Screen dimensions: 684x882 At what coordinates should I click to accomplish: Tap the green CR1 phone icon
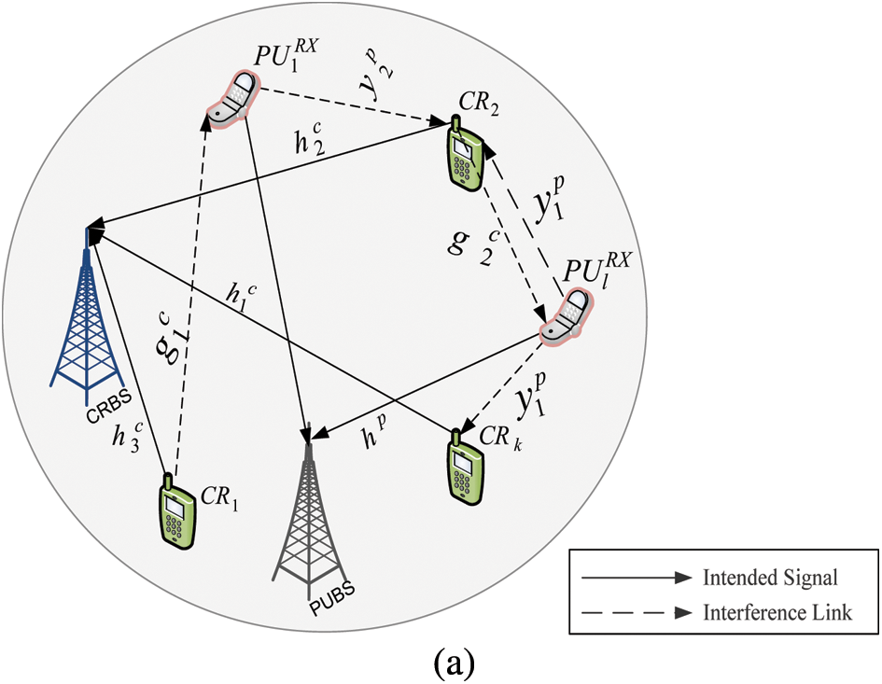pos(177,512)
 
